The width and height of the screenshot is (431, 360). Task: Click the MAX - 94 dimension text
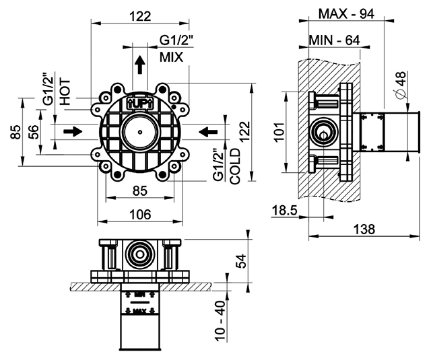click(x=346, y=13)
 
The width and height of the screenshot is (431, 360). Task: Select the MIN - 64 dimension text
click(x=335, y=40)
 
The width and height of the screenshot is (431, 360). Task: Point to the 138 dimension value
click(x=364, y=229)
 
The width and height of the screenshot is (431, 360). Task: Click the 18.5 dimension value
click(x=284, y=211)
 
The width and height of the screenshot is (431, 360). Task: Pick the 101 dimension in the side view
click(x=279, y=132)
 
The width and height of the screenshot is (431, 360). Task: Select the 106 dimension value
click(x=140, y=214)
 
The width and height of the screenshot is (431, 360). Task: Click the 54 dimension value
click(x=241, y=261)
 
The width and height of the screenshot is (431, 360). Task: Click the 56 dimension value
click(x=33, y=132)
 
